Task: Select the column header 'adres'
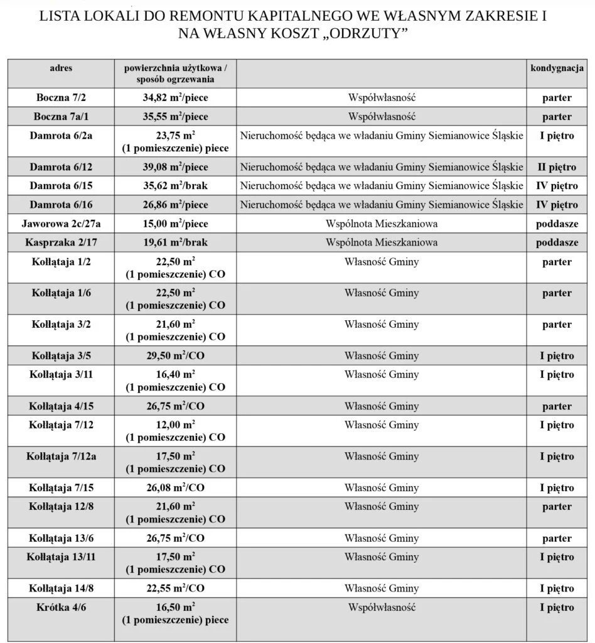(61, 68)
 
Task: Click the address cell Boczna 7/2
(61, 97)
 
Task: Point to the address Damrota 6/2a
(61, 136)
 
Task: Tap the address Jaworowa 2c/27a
(61, 224)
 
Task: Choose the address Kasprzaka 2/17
(61, 242)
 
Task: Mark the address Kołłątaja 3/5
(61, 356)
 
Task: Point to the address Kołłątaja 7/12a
(61, 457)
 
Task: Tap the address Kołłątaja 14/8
(61, 588)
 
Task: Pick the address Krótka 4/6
(61, 607)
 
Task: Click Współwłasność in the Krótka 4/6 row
(382, 607)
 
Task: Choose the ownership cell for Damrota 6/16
(382, 205)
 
